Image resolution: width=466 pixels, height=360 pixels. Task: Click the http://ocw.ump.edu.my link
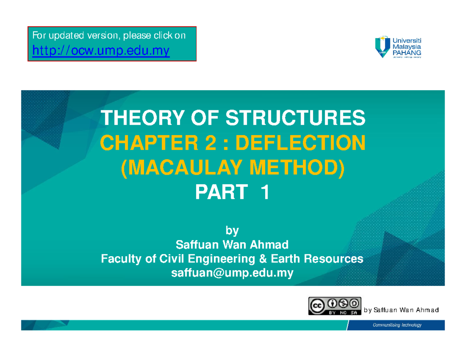click(x=101, y=50)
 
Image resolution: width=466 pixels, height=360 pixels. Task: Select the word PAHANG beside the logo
click(x=408, y=52)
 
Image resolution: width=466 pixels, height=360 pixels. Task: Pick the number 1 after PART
click(x=265, y=193)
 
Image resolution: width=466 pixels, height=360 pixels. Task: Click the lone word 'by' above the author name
click(x=232, y=231)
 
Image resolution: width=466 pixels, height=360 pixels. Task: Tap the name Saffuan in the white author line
click(x=195, y=245)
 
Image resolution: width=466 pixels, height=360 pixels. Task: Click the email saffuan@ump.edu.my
click(x=232, y=273)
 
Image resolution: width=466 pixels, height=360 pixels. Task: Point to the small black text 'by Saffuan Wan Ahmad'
click(x=401, y=310)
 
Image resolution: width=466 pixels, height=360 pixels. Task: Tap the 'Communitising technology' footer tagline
click(x=397, y=325)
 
